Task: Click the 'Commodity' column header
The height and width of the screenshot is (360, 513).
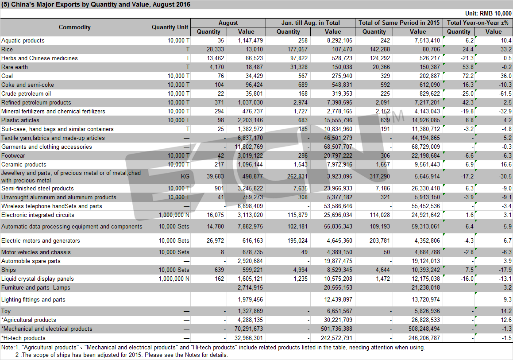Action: coord(75,27)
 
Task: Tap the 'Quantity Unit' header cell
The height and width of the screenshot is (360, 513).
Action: coord(170,27)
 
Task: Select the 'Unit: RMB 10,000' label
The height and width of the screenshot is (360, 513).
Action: coord(488,13)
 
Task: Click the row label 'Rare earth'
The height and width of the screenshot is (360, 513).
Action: coord(15,67)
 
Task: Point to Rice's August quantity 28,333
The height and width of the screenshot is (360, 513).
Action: coord(215,50)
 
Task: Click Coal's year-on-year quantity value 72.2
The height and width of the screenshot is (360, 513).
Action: coord(467,76)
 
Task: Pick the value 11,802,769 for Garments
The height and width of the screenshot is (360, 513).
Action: coord(249,147)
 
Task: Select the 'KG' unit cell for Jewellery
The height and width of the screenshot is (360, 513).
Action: coord(185,176)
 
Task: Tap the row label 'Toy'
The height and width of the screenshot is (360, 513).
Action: coord(6,311)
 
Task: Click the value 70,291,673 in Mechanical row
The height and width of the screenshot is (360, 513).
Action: coord(249,329)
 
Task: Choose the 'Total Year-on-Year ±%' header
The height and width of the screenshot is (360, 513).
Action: coord(478,23)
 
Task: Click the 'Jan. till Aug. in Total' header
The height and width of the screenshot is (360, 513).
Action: coord(310,23)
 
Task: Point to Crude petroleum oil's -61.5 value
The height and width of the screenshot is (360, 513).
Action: coord(505,93)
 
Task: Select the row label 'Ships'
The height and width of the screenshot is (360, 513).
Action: coord(8,270)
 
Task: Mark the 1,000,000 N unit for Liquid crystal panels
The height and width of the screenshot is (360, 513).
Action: coord(174,279)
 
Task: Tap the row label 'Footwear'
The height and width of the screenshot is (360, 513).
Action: coord(13,156)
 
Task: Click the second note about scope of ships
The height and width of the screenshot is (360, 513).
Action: coord(121,355)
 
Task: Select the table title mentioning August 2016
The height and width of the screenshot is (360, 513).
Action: coord(96,4)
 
